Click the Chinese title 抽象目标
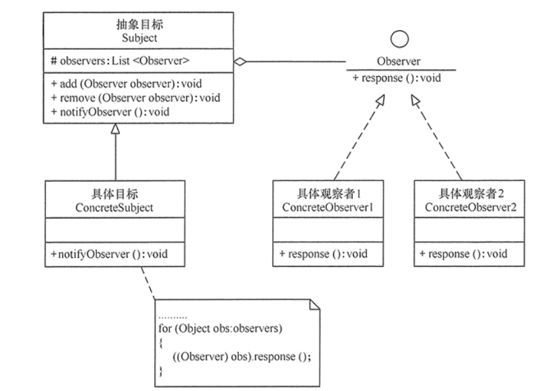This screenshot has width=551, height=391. click(140, 24)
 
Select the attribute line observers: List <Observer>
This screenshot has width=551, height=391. click(120, 61)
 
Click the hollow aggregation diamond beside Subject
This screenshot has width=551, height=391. click(240, 62)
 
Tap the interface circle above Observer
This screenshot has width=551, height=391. click(399, 39)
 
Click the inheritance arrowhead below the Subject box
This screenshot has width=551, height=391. click(115, 129)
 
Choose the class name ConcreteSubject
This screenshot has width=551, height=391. click(114, 207)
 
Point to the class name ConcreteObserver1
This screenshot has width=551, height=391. click(327, 207)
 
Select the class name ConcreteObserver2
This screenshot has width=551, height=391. click(470, 207)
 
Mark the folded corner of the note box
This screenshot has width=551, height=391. click(315, 304)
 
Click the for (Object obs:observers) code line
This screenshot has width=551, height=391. click(220, 329)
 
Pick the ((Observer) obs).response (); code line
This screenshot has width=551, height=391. click(242, 357)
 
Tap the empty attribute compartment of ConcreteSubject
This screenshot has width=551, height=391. click(115, 230)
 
